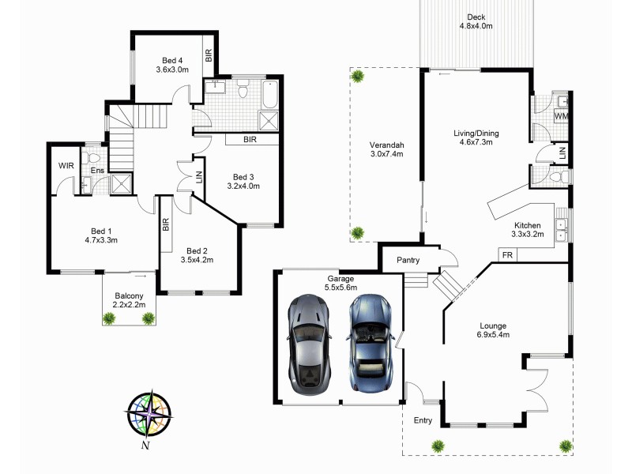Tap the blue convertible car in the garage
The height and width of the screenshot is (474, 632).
click(x=369, y=344)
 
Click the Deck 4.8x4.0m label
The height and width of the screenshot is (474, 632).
click(x=476, y=21)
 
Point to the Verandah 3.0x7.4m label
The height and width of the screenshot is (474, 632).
click(x=387, y=149)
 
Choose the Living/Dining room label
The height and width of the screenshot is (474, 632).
click(x=476, y=137)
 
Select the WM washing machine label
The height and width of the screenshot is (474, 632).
click(x=561, y=117)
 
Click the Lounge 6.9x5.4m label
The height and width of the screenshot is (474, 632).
click(x=491, y=329)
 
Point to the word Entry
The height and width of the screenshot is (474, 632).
click(x=423, y=420)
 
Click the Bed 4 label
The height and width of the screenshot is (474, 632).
click(x=172, y=65)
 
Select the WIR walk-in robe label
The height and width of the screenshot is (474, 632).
click(x=66, y=166)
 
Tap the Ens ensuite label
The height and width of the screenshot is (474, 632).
click(x=97, y=170)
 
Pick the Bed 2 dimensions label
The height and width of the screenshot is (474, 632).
click(x=197, y=258)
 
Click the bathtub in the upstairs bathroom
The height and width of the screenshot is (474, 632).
click(x=269, y=94)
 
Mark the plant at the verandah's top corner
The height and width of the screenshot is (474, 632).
click(x=358, y=76)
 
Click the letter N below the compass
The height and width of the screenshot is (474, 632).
click(x=145, y=446)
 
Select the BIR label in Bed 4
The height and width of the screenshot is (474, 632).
click(x=209, y=55)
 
